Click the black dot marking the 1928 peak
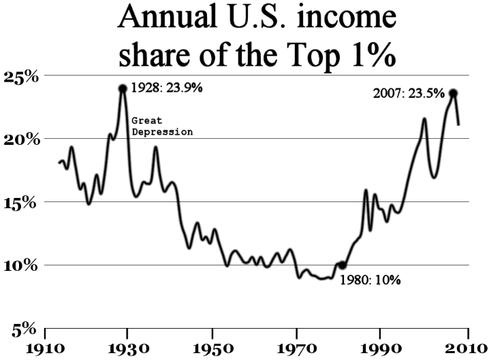coord(123,88)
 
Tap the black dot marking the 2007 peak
coord(453,93)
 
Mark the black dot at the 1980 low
coord(342,265)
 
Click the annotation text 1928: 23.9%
coord(167,88)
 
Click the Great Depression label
coord(162,126)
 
